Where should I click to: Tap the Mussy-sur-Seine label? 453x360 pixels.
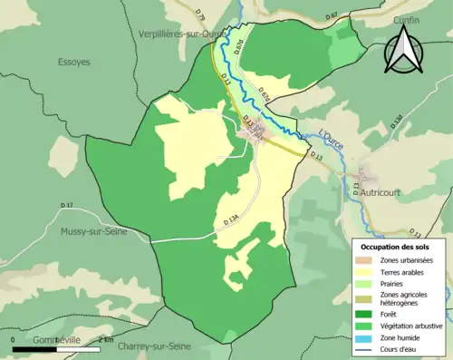(94, 232)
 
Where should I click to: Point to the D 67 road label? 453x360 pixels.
(332, 15)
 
